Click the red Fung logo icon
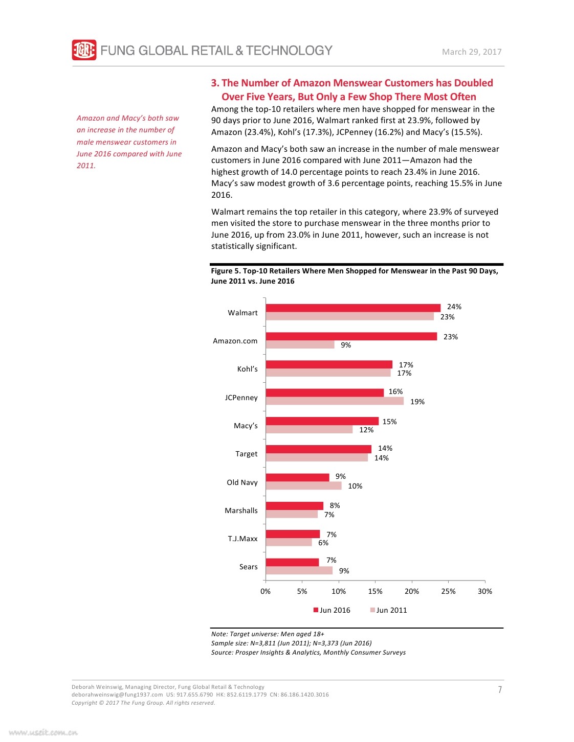(x=84, y=50)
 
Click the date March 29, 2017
(x=472, y=52)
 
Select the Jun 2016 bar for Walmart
(x=353, y=308)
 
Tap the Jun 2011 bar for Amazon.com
(x=300, y=344)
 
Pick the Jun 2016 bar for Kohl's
(x=329, y=364)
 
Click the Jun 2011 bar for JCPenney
(x=335, y=401)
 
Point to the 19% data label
(x=417, y=402)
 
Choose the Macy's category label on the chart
(x=246, y=426)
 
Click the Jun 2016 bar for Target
(x=318, y=449)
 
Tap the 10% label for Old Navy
(x=355, y=486)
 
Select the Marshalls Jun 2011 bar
(x=292, y=514)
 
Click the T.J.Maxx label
(x=242, y=539)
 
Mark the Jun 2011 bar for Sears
(x=299, y=570)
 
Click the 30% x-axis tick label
(x=484, y=591)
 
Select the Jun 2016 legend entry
(x=332, y=610)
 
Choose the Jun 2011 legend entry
(x=389, y=610)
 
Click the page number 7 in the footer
(x=499, y=689)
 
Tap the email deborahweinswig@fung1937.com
(x=117, y=694)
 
